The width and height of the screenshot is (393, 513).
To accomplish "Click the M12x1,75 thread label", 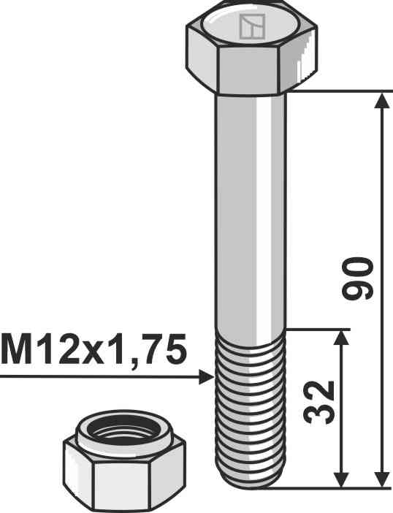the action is click(94, 350).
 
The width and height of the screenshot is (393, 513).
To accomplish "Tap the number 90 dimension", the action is click(357, 278).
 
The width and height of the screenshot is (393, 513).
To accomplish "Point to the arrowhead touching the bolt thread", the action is click(207, 377).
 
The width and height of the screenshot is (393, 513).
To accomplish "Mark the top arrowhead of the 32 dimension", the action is click(342, 338).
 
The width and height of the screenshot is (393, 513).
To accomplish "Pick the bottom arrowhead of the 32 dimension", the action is click(342, 479).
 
